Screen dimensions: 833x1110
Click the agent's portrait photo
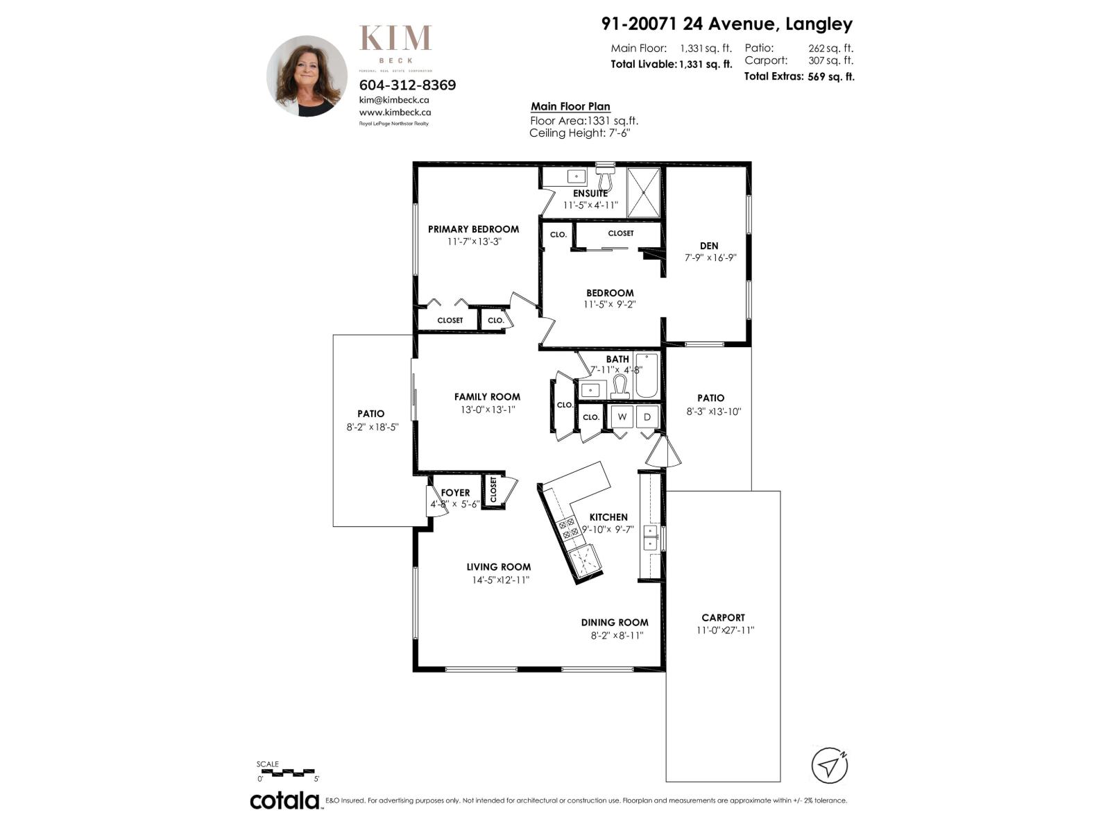click(307, 76)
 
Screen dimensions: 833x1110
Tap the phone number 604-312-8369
click(407, 85)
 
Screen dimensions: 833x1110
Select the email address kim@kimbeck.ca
click(394, 99)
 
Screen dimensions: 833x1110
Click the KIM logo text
click(395, 39)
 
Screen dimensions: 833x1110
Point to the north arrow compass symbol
click(830, 766)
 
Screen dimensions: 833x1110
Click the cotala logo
click(284, 800)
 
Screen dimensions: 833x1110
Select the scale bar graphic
click(287, 771)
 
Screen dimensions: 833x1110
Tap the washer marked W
click(622, 416)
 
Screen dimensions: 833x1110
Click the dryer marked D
click(647, 416)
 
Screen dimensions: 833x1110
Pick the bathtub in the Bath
click(646, 376)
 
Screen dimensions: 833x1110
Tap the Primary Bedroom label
click(473, 229)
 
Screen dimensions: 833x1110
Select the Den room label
click(709, 246)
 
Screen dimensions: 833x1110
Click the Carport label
click(723, 617)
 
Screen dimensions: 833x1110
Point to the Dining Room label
click(615, 623)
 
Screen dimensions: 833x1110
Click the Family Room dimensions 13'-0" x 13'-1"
click(488, 410)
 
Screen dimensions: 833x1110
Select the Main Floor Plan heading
click(570, 106)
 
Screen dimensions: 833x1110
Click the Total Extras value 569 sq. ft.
click(831, 77)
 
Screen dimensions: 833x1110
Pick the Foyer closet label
click(493, 490)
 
